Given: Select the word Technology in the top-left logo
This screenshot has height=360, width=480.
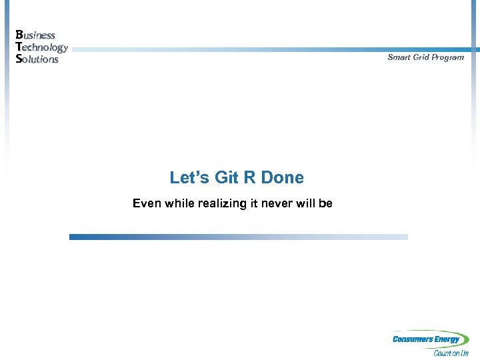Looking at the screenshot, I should tap(41, 47).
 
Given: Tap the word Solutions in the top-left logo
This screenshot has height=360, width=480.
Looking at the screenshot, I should tap(37, 59).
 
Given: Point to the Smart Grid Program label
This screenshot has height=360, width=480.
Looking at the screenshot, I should tap(425, 57).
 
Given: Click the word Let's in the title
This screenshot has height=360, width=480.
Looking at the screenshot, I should tap(189, 177).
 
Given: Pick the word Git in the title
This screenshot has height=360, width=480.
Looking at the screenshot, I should tap(226, 177).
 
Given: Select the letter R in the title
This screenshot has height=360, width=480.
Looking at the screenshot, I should tap(249, 177).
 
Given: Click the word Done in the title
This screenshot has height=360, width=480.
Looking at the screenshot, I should tap(282, 177).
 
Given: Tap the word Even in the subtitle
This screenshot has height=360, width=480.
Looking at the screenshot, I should tap(147, 203).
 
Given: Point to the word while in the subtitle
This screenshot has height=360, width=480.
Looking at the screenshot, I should tap(179, 203).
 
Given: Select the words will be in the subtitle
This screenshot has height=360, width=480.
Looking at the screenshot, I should tap(315, 203).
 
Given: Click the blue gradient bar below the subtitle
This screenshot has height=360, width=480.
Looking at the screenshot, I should tap(238, 237).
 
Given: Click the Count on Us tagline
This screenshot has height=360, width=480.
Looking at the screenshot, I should tap(451, 353).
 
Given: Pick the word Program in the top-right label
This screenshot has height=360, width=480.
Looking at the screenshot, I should tap(447, 57).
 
